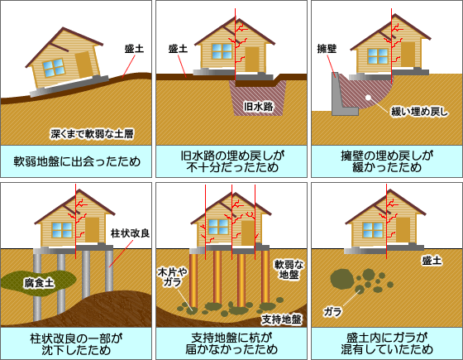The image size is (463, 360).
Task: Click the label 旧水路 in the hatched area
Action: (258, 107)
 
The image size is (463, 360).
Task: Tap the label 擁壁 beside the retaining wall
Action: (327, 49)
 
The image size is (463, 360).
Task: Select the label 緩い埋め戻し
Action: (419, 112)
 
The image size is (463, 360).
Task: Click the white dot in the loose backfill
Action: (368, 98)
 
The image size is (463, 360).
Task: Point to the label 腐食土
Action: (40, 283)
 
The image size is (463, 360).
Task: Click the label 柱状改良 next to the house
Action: (130, 233)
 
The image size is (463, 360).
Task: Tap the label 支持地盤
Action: (281, 319)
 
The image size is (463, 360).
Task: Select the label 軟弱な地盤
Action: (289, 269)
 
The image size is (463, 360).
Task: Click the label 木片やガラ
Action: (172, 277)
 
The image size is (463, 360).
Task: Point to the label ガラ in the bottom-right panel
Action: (332, 311)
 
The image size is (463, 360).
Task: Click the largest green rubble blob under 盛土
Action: (342, 278)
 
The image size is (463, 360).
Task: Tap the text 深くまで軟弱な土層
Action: (92, 134)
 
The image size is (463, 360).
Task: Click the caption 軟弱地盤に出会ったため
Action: (77, 161)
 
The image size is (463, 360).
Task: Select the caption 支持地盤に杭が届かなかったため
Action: (231, 343)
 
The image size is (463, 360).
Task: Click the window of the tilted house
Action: (54, 68)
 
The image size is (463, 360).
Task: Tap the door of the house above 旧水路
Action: (252, 59)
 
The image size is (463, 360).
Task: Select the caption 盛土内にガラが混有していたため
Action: (387, 343)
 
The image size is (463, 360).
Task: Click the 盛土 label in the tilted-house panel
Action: (134, 49)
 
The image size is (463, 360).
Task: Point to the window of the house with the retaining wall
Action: (378, 56)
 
